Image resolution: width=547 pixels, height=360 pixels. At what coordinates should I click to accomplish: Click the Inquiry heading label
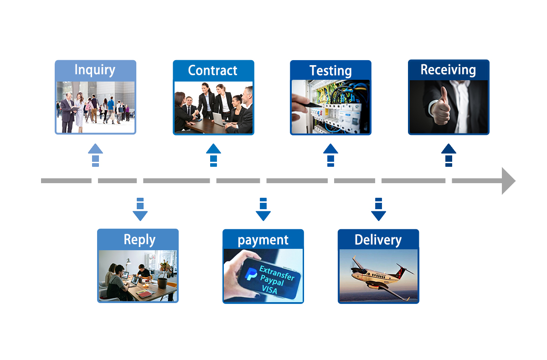95,70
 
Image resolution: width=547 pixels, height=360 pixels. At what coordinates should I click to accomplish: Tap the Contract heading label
213,71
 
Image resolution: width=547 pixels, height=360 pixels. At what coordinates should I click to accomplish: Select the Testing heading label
330,71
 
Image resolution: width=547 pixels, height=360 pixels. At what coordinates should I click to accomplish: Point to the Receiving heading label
448,70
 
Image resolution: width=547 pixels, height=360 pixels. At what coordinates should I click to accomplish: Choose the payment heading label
263,240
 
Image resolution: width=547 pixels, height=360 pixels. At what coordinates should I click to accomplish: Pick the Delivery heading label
378,240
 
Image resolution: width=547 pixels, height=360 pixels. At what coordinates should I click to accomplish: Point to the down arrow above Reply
140,210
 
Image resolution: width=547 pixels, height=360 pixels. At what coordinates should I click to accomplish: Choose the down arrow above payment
263,210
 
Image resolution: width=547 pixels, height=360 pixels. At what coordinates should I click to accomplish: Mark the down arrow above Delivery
378,210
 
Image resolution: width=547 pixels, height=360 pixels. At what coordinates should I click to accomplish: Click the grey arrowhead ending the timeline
508,181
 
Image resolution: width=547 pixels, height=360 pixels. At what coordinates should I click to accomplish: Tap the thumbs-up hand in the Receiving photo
440,108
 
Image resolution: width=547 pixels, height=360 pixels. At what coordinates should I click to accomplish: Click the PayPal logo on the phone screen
251,274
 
